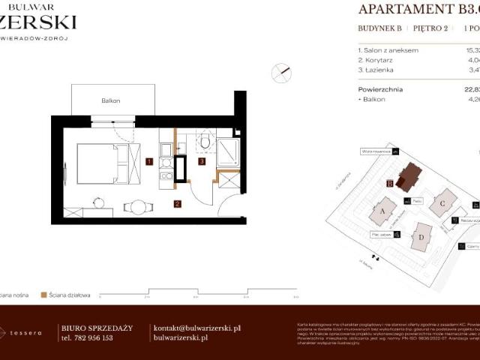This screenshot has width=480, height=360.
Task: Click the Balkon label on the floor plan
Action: pos(112,100)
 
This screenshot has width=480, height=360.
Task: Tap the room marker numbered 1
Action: pos(150,161)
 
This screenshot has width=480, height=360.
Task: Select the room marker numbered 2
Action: pos(177,203)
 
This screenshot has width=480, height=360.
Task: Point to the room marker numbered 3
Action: pos(202,161)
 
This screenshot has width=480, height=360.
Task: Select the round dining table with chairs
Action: pos(136,206)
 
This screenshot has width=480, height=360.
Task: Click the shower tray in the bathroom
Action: pos(227,152)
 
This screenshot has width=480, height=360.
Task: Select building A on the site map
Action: pos(382,211)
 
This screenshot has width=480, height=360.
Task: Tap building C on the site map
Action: pos(443,202)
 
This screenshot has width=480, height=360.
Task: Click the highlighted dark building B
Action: pos(409,177)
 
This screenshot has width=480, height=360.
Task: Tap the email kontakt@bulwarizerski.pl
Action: pos(196,328)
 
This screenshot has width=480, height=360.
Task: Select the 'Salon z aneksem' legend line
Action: pos(388,49)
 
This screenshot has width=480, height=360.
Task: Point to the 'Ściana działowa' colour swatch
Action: pos(44,295)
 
